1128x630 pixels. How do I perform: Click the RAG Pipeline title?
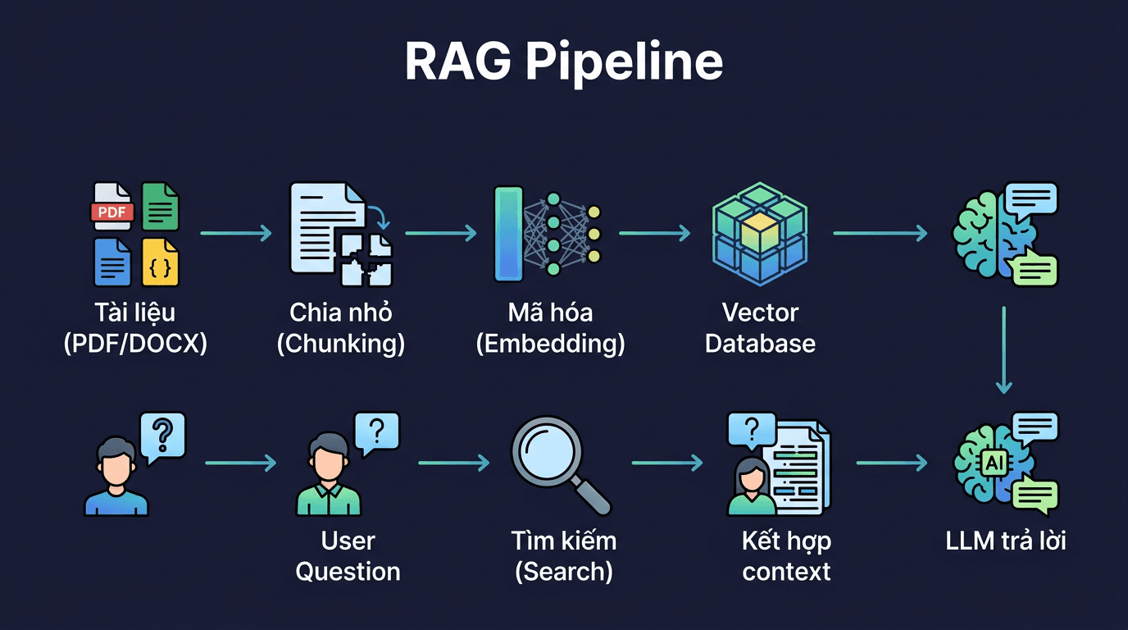564,62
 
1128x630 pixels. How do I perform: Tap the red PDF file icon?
111,207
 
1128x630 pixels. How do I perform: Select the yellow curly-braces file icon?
160,261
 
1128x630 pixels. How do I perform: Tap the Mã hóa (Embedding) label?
550,328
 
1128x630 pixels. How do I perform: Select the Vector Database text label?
760,328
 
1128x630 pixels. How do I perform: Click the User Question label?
348,556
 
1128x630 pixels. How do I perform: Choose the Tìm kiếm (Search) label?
563,556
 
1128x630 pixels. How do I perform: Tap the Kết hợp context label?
786,556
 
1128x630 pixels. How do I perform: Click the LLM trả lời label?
1005,541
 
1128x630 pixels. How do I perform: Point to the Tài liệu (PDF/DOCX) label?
135,328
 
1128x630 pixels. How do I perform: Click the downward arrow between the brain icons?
1004,349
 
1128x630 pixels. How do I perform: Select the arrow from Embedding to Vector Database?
654,234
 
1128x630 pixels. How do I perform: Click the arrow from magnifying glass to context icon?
666,463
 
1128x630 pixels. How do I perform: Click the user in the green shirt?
328,476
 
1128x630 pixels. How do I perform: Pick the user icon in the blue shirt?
116,476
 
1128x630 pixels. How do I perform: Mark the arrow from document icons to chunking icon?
235,234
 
